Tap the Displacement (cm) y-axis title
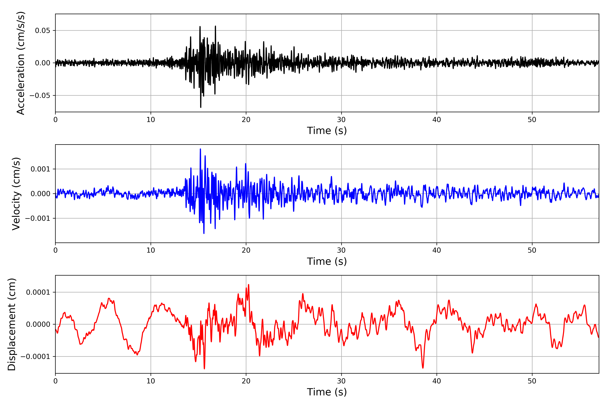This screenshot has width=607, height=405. coord(12,324)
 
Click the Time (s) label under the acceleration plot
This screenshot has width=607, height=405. coord(327,130)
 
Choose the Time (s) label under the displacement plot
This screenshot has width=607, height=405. coord(327,392)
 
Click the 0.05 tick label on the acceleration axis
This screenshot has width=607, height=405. coord(43,31)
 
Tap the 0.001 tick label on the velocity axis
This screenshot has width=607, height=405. coord(40,169)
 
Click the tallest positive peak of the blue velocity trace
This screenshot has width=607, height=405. coord(200,149)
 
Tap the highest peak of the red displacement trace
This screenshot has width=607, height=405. coord(249,285)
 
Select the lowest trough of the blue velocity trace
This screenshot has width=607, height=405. coord(204,233)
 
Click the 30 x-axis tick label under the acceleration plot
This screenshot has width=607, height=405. coord(341,120)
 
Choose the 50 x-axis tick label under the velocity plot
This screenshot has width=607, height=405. coord(532,250)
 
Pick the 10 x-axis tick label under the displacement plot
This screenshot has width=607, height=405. coord(151,381)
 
